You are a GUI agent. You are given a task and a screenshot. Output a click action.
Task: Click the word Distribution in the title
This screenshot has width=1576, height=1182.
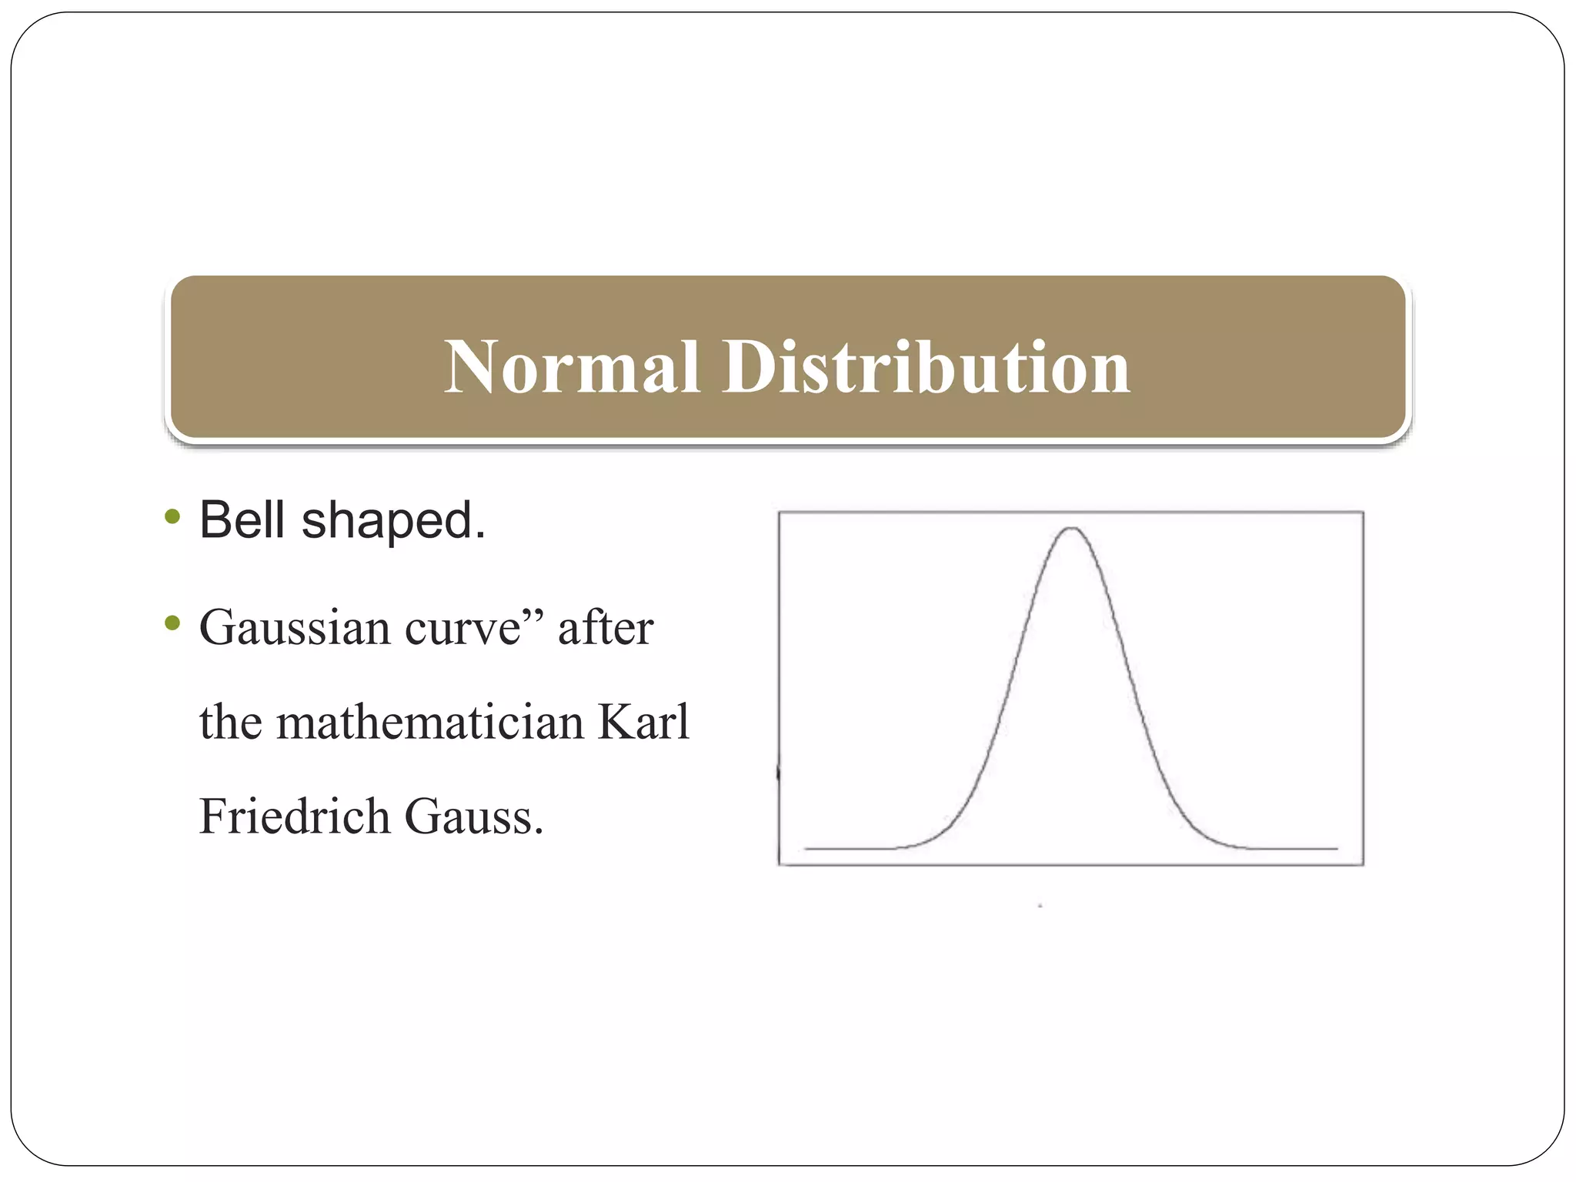click(925, 368)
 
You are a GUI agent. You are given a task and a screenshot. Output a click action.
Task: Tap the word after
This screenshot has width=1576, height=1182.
click(606, 628)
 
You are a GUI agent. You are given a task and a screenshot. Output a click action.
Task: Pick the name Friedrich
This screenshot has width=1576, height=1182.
click(294, 816)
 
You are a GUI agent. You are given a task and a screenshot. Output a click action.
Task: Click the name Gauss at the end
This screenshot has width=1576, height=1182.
click(473, 816)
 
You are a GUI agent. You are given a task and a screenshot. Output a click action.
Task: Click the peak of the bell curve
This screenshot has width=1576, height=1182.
click(1071, 529)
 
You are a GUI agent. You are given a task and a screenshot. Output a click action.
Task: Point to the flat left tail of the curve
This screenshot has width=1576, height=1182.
click(846, 848)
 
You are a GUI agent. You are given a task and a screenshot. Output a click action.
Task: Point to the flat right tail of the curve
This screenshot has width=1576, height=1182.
click(1293, 848)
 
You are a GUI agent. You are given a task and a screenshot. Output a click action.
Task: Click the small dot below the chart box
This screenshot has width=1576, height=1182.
click(1040, 906)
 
